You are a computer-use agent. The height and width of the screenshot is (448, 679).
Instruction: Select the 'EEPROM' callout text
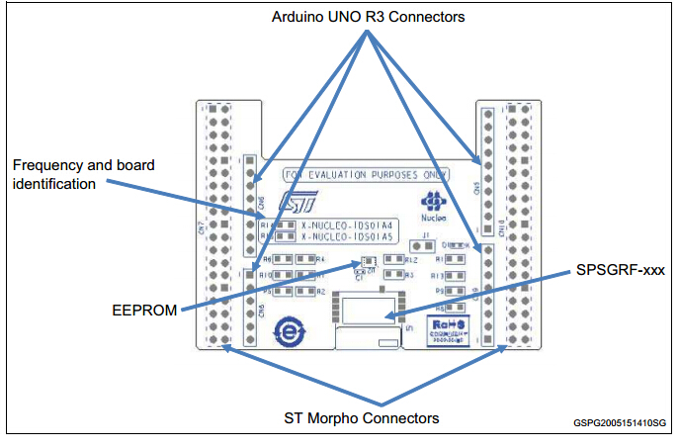tap(144, 311)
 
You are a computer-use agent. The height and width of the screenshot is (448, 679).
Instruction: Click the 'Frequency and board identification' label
tap(84, 174)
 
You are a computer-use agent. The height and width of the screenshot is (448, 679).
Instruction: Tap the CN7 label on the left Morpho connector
tap(202, 229)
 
